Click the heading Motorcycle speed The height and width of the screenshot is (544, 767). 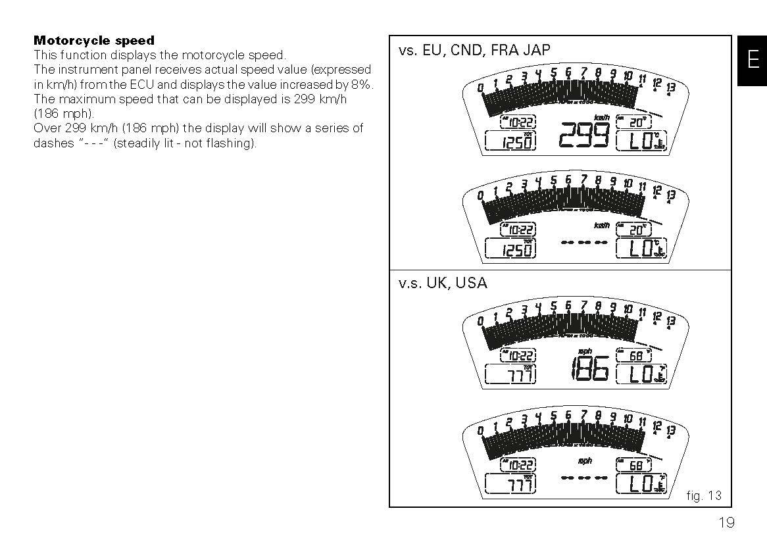[x=94, y=41]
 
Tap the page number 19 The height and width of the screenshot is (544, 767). [x=726, y=523]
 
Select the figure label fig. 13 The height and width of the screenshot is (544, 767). [x=703, y=496]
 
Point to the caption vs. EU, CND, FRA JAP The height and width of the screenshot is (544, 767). [x=474, y=51]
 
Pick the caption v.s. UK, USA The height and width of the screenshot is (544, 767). [x=443, y=284]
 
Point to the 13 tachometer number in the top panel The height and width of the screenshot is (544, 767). [x=670, y=87]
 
